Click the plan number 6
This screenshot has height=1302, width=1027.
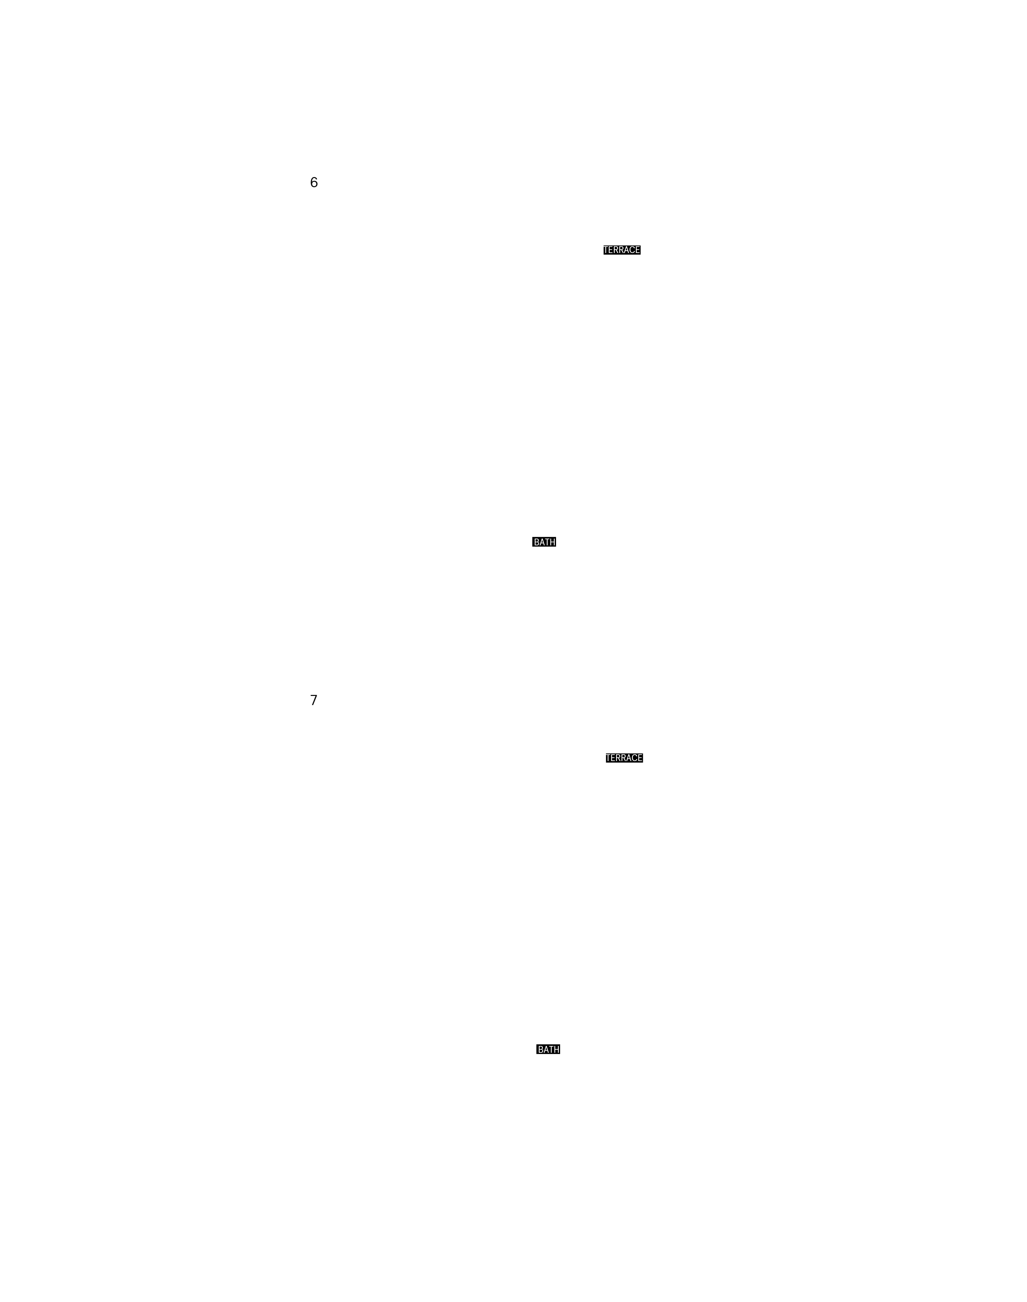tap(314, 182)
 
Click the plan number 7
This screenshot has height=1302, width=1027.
tap(314, 700)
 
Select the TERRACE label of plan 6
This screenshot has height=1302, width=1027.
tap(622, 250)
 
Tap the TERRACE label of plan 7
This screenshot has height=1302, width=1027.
tap(625, 758)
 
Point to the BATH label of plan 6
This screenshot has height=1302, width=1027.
tap(544, 542)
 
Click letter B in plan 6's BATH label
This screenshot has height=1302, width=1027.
tap(536, 542)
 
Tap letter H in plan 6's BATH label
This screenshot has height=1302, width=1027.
tap(553, 542)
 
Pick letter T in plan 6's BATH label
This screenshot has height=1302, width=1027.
tap(547, 542)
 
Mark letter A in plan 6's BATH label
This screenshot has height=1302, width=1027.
tap(542, 542)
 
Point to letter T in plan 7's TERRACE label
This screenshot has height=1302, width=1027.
tap(609, 758)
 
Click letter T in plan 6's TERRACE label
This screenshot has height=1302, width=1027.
tap(606, 250)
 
